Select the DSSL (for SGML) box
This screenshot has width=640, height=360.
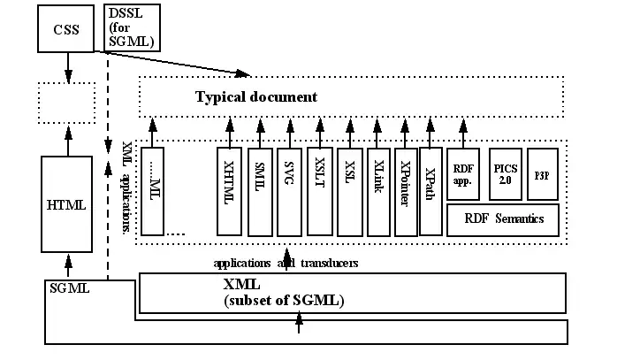(132, 27)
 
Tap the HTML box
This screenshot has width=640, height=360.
(66, 204)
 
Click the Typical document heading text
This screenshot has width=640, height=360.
(255, 96)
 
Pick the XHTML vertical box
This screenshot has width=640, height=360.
(229, 190)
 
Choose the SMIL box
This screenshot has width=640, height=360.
(260, 190)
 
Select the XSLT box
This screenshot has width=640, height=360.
(320, 190)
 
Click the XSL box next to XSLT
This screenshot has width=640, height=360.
(350, 190)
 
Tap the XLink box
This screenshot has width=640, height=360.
(378, 190)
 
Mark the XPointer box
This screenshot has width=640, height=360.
(406, 190)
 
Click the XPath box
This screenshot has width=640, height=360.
(430, 190)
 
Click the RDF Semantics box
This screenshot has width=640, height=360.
(504, 218)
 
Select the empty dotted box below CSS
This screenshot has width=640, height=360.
(66, 103)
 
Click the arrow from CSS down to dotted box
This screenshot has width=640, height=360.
(67, 66)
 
